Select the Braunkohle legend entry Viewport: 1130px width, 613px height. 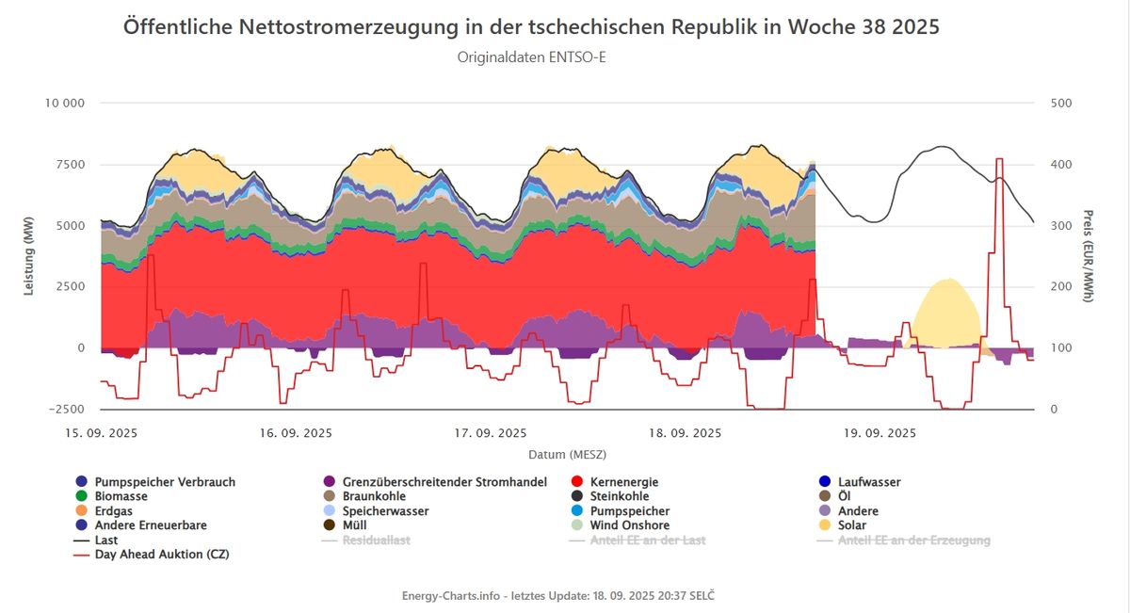tap(364, 496)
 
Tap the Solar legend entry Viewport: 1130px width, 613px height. tap(843, 525)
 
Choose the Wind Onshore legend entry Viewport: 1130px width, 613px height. tap(621, 525)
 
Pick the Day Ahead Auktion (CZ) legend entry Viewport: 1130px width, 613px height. tap(152, 554)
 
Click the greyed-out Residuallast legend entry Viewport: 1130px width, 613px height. tap(365, 540)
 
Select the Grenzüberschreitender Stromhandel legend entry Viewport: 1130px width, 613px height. tap(435, 482)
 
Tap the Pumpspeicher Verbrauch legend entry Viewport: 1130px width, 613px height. tap(155, 482)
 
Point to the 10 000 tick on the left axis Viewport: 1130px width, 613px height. tap(65, 103)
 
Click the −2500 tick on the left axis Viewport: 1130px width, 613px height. tap(66, 410)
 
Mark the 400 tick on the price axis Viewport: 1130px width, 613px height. tap(1061, 165)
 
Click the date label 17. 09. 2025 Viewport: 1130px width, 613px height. tap(491, 433)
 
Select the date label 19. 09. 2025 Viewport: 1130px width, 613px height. tap(880, 433)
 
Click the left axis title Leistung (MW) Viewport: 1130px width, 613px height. tap(29, 256)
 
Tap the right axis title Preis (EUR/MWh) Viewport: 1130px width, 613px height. tap(1089, 256)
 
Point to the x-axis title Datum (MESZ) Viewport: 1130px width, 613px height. tap(568, 455)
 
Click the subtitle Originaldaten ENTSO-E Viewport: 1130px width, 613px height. tap(531, 57)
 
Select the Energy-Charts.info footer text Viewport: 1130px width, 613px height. tap(557, 596)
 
